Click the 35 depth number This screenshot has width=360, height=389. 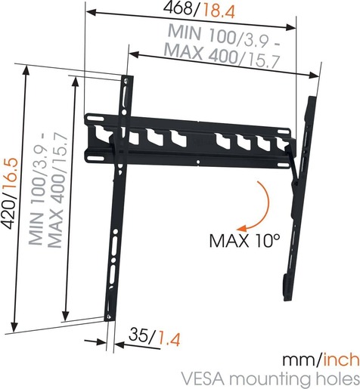(139, 334)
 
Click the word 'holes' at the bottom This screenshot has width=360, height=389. (333, 378)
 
